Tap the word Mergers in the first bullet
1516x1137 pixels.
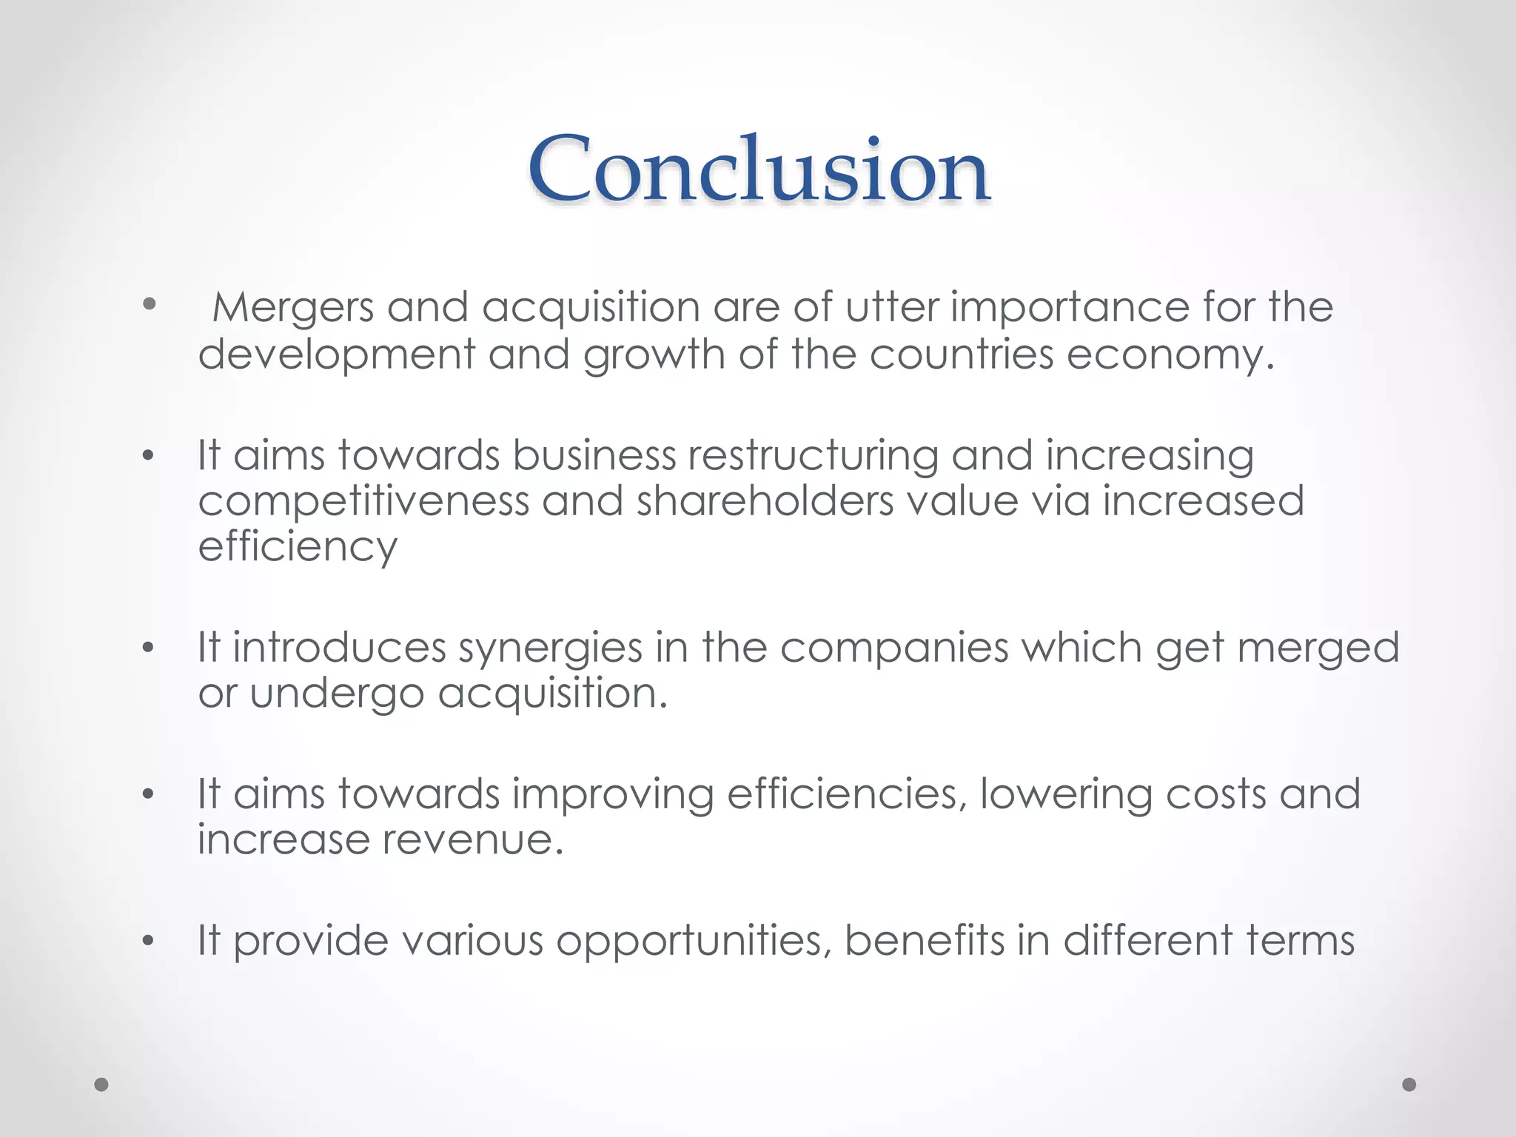pyautogui.click(x=293, y=307)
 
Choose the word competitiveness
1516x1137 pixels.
pyautogui.click(x=363, y=502)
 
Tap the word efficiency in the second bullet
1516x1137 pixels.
pyautogui.click(x=298, y=548)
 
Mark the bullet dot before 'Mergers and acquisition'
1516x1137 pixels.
pyautogui.click(x=150, y=303)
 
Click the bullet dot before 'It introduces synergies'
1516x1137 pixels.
pyautogui.click(x=149, y=648)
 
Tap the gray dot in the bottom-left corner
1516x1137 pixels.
pyautogui.click(x=102, y=1084)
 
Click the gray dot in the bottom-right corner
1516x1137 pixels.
pyautogui.click(x=1409, y=1084)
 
